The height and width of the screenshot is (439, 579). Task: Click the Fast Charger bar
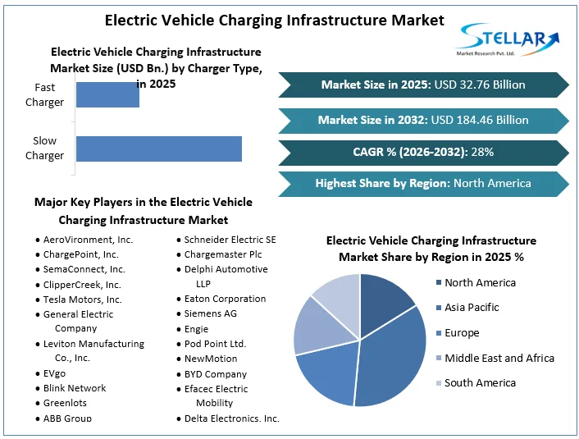pos(107,94)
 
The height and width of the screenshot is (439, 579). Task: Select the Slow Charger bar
pos(158,149)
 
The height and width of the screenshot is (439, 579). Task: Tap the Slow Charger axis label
pos(44,149)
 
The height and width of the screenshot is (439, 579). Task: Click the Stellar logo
pos(509,39)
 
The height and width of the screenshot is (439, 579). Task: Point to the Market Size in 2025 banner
pos(423,85)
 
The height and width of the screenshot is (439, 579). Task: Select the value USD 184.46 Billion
pos(479,120)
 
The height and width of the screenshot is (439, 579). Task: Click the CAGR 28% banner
pos(423,152)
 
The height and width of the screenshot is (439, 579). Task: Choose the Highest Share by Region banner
pos(423,183)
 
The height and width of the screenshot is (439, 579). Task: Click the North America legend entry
pos(480,282)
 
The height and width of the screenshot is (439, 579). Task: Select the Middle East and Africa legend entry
pos(499,358)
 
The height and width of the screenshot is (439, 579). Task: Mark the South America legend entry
pos(480,382)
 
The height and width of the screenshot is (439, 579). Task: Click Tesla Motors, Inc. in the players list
pos(82,299)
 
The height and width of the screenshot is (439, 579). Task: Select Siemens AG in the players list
pos(210,313)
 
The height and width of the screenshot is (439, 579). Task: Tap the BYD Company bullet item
pos(215,373)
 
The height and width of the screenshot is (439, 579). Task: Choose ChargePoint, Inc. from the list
pos(80,254)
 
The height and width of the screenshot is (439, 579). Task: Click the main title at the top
pos(275,20)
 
